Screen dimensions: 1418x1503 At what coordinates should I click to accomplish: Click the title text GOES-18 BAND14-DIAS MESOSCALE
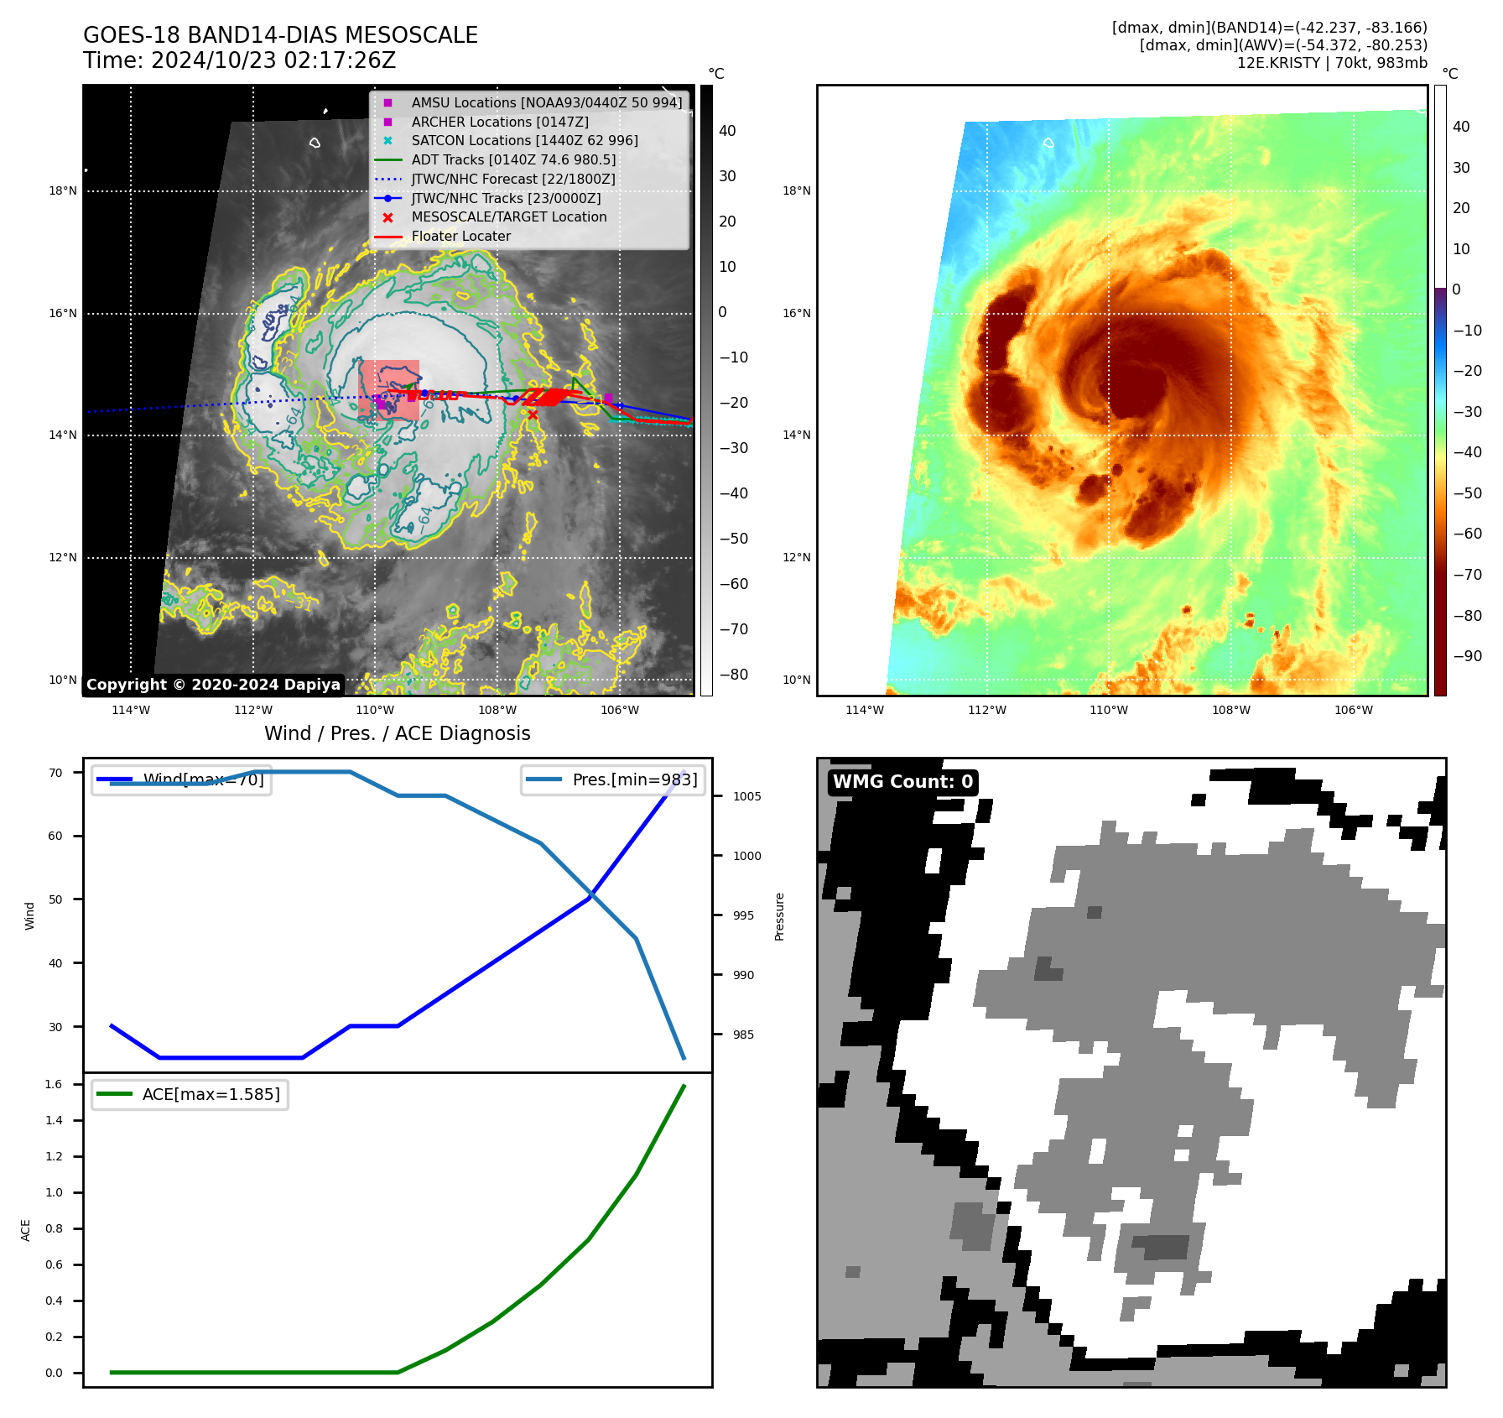[x=280, y=35]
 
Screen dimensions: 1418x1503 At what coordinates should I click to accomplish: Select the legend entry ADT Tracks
[x=513, y=159]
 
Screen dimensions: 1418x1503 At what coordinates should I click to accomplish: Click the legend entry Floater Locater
[x=460, y=237]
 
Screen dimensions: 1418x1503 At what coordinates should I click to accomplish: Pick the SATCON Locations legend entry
[x=524, y=141]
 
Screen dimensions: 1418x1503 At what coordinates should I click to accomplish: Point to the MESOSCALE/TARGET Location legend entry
[x=508, y=217]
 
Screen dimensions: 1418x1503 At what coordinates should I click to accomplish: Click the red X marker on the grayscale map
[x=533, y=414]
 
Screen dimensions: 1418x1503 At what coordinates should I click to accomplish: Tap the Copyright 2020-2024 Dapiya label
[x=213, y=685]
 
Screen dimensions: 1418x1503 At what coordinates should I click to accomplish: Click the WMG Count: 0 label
[x=902, y=782]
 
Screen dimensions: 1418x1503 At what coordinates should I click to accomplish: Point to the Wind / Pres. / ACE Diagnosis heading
[x=397, y=733]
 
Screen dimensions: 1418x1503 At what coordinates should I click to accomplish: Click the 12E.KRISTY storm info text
[x=1332, y=63]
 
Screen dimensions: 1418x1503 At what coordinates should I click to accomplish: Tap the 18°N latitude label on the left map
[x=63, y=191]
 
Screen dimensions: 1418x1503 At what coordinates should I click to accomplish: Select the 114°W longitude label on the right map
[x=865, y=710]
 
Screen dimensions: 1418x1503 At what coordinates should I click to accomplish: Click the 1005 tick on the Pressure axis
[x=746, y=796]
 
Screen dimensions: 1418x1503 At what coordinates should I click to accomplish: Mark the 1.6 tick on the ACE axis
[x=54, y=1084]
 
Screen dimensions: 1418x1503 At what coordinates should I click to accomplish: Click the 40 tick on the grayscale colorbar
[x=727, y=131]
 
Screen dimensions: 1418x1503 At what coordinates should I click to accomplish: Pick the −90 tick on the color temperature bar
[x=1467, y=656]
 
